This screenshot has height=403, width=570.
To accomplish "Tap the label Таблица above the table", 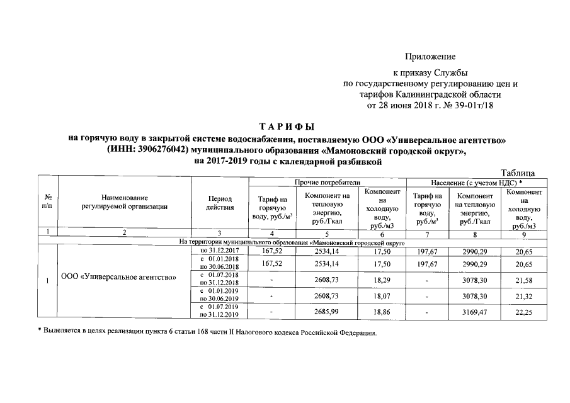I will pyautogui.click(x=518, y=173).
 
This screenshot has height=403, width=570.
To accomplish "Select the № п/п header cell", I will pyautogui.click(x=48, y=202).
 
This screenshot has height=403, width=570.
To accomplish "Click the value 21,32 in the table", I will pyautogui.click(x=523, y=294).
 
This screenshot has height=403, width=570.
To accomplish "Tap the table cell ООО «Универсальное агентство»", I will pyautogui.click(x=119, y=277).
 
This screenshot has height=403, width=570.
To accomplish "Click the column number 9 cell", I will pyautogui.click(x=523, y=234).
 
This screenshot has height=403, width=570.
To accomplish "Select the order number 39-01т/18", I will pyautogui.click(x=467, y=105).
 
